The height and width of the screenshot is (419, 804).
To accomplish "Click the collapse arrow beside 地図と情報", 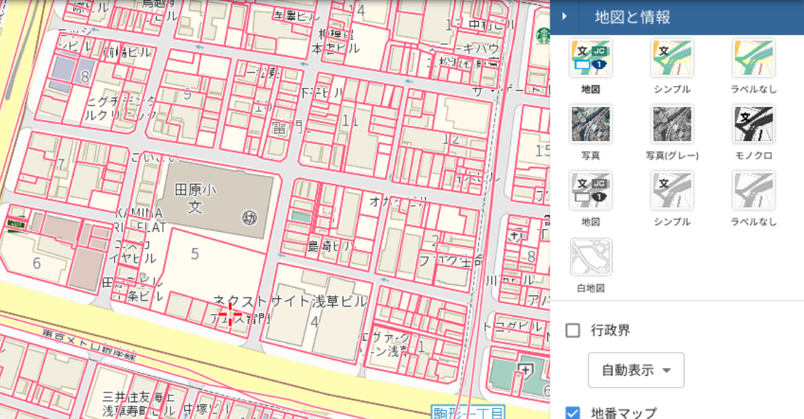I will pyautogui.click(x=564, y=17).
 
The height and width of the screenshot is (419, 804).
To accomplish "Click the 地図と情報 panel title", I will pyautogui.click(x=632, y=17).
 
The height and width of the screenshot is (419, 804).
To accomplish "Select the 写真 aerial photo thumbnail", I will pyautogui.click(x=591, y=125).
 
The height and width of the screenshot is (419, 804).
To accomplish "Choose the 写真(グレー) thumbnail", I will pyautogui.click(x=672, y=125).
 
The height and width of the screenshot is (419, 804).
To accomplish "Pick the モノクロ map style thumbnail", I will pyautogui.click(x=753, y=125).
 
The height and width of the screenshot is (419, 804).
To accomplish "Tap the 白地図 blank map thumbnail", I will pyautogui.click(x=591, y=258).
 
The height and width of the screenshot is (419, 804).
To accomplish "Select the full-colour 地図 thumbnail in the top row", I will pyautogui.click(x=591, y=59).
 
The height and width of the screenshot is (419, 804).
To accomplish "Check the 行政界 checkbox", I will pyautogui.click(x=573, y=330).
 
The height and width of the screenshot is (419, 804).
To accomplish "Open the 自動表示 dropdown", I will pyautogui.click(x=636, y=369).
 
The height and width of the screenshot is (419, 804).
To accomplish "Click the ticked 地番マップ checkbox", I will pyautogui.click(x=573, y=413).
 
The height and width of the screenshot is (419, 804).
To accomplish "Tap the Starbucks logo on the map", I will pyautogui.click(x=543, y=36).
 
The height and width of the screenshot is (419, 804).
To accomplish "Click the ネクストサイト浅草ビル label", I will pyautogui.click(x=289, y=302).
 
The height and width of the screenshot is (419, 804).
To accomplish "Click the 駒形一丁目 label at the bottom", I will pyautogui.click(x=467, y=412).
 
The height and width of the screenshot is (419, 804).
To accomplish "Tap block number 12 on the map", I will pyautogui.click(x=451, y=139).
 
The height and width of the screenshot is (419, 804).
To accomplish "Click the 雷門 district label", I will pyautogui.click(x=287, y=127).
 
